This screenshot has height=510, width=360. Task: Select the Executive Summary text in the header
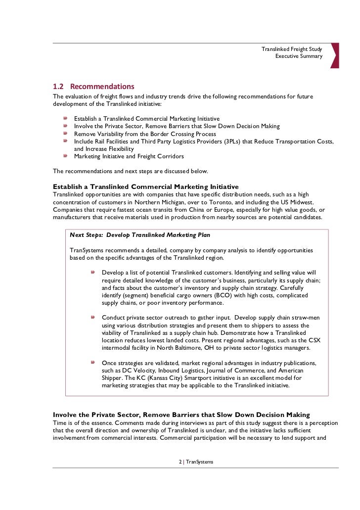click(299, 56)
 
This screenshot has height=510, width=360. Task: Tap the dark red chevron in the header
click(334, 55)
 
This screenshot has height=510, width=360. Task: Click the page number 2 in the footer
click(180, 462)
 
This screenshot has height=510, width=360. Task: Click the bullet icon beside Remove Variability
click(65, 134)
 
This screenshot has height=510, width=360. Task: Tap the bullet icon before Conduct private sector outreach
click(93, 318)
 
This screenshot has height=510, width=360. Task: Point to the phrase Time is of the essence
click(82, 423)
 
